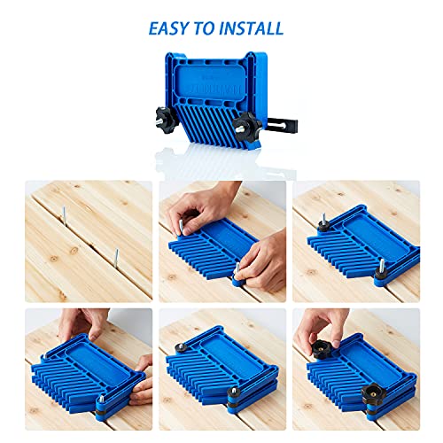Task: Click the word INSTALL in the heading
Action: [x=252, y=28]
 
